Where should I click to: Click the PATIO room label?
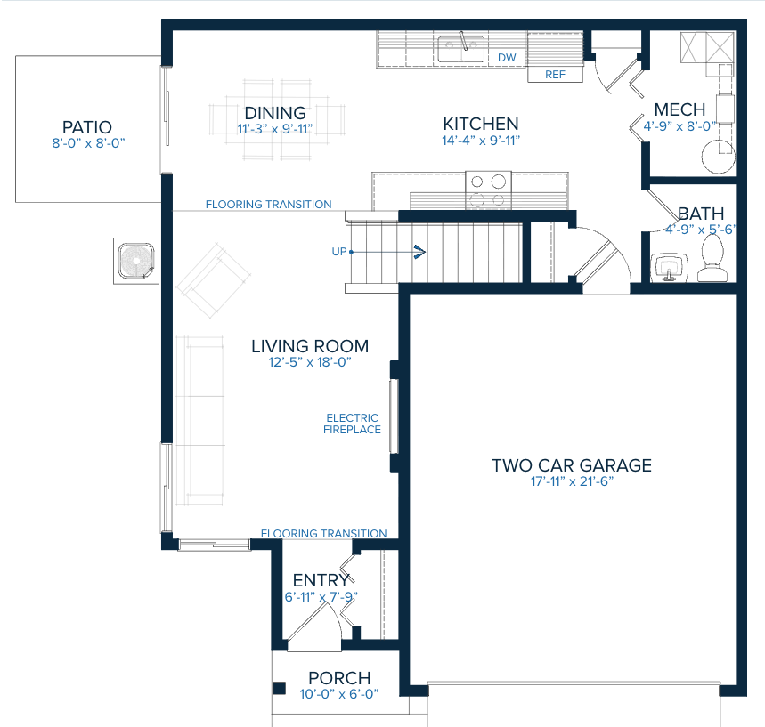tap(86, 127)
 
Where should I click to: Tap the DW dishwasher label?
tap(507, 58)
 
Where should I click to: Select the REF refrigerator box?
tap(556, 75)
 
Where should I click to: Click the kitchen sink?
tap(460, 50)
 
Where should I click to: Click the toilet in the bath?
tap(712, 261)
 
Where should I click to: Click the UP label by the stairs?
tap(338, 252)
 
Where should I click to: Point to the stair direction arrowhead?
tap(419, 252)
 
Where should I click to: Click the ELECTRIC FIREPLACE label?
tap(353, 424)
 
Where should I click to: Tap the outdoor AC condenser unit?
tap(135, 260)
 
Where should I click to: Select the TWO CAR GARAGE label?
tap(572, 465)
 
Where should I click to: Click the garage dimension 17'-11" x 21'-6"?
tap(571, 481)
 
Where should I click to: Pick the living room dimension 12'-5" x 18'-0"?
tap(309, 362)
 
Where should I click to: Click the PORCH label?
tap(338, 679)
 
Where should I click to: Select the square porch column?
tap(279, 688)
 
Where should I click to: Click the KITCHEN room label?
tap(480, 124)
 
